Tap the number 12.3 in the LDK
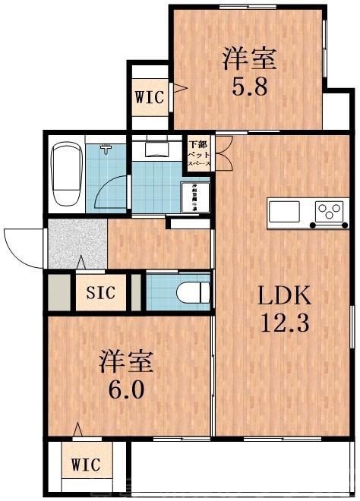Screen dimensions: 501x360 tap(284, 324)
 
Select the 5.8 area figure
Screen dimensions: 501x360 tap(248, 86)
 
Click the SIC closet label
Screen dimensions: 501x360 tap(100, 292)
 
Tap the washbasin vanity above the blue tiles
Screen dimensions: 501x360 tap(156, 148)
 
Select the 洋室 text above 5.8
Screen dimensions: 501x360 tap(248, 58)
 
